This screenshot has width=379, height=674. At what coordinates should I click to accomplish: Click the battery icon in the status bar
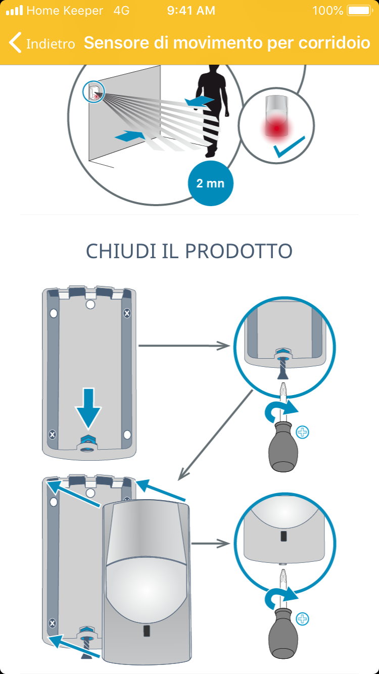359,11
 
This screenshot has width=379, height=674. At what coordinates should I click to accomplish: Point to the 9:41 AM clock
191,11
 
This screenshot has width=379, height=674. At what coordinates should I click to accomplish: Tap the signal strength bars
14,11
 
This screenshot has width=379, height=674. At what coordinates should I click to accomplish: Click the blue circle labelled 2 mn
210,183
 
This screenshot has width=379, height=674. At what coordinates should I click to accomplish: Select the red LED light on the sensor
275,129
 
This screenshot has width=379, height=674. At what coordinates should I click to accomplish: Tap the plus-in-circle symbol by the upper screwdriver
303,432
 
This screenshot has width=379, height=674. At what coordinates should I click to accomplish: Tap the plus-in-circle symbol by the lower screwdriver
303,618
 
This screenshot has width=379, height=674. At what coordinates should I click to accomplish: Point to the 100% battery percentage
327,11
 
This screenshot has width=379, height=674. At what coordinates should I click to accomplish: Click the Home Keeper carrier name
64,11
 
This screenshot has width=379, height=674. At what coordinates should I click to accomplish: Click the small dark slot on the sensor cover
146,630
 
